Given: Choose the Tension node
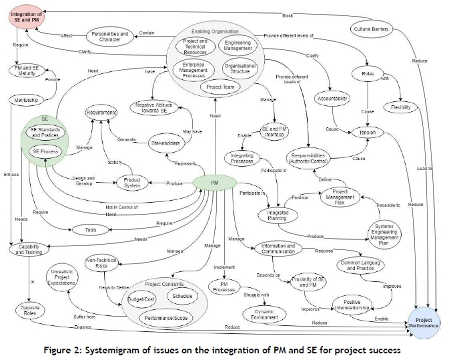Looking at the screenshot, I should (x=366, y=132).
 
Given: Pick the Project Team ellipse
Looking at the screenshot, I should (x=219, y=87).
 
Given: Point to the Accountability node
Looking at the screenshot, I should (x=334, y=99).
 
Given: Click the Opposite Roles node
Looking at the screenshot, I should (x=27, y=310).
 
